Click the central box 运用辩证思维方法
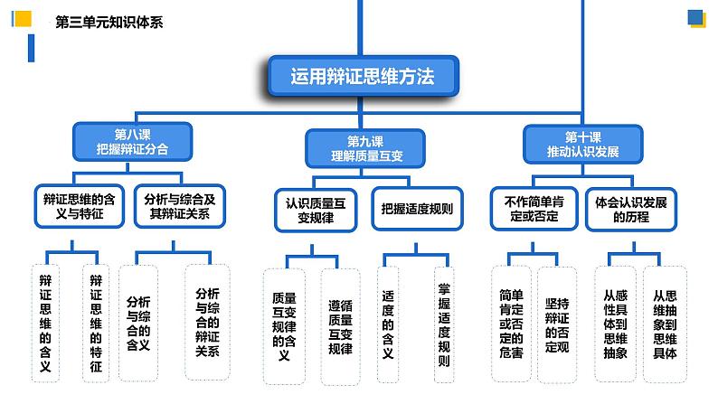pyautogui.click(x=363, y=77)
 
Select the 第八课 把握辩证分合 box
pyautogui.click(x=132, y=144)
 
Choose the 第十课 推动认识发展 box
pyautogui.click(x=582, y=145)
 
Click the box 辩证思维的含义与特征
pyautogui.click(x=80, y=207)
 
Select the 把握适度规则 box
pyautogui.click(x=417, y=209)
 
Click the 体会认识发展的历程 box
pyautogui.click(x=631, y=208)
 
